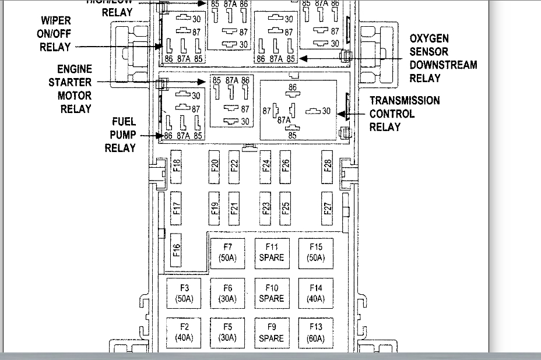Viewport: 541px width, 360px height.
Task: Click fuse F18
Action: click(x=177, y=168)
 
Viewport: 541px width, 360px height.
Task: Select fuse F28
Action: click(x=328, y=168)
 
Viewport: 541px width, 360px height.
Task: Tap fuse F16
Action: click(x=177, y=250)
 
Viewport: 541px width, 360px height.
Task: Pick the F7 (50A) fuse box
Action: click(x=227, y=253)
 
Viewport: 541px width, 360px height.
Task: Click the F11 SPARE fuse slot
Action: click(x=272, y=253)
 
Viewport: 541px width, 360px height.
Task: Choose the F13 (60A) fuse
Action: click(x=316, y=333)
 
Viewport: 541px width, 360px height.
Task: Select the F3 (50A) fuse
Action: click(x=184, y=293)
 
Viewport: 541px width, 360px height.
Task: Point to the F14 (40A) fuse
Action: click(x=316, y=293)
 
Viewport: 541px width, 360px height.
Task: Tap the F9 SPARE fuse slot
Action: click(x=272, y=333)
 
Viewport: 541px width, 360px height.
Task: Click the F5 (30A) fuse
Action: click(x=227, y=333)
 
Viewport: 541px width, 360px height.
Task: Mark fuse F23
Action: click(x=266, y=208)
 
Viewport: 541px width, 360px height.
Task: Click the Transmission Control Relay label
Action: click(x=404, y=114)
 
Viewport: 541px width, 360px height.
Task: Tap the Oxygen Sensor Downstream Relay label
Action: click(x=443, y=58)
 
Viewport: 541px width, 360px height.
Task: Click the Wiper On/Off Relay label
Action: click(x=55, y=34)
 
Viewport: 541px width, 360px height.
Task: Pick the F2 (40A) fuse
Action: click(x=184, y=333)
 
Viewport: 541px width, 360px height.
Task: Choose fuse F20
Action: click(x=215, y=168)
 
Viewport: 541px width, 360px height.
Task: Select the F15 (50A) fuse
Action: click(x=316, y=253)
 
